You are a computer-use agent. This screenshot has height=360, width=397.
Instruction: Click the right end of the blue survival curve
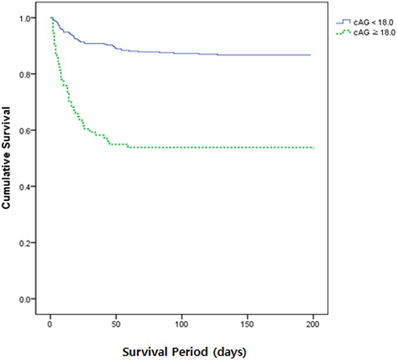click(310, 55)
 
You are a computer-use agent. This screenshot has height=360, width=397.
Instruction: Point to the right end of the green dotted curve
click(313, 148)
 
